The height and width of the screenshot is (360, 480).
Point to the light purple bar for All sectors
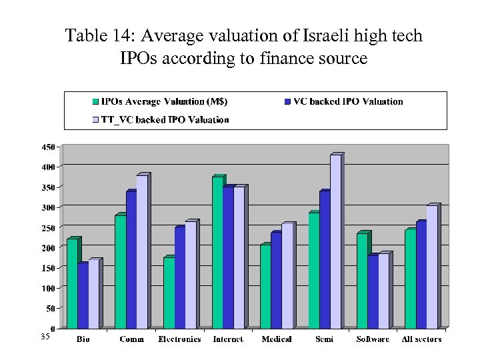coord(432,267)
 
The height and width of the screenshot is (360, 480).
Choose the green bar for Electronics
coord(168,293)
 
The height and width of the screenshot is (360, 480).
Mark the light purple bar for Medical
coord(287,277)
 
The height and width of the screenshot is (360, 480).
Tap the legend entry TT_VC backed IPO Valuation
coord(164,120)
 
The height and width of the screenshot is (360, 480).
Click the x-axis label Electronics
coord(179,339)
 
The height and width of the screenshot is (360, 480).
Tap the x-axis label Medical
coord(276,339)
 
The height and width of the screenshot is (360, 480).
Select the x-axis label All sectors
coord(421,339)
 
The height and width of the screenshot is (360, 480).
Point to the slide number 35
coord(45,337)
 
